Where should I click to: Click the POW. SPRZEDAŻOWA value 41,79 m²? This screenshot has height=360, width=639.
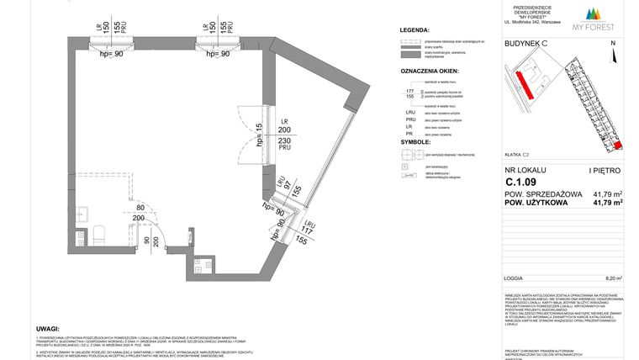point(607,193)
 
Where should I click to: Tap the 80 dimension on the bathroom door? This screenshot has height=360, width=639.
point(140,208)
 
